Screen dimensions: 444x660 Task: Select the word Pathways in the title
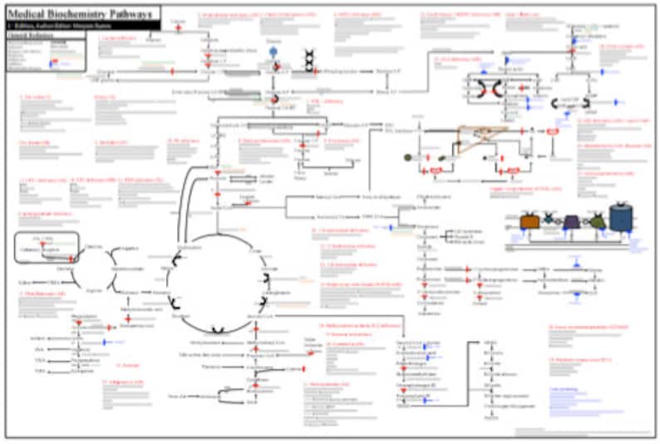(131, 13)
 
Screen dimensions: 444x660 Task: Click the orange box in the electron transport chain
(529, 222)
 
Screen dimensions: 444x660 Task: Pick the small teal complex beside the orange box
(549, 220)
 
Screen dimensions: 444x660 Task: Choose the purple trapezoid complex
(571, 222)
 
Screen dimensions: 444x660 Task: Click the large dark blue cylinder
(620, 218)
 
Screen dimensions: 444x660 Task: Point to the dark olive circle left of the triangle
(407, 156)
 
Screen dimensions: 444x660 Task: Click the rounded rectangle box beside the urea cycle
(47, 248)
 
